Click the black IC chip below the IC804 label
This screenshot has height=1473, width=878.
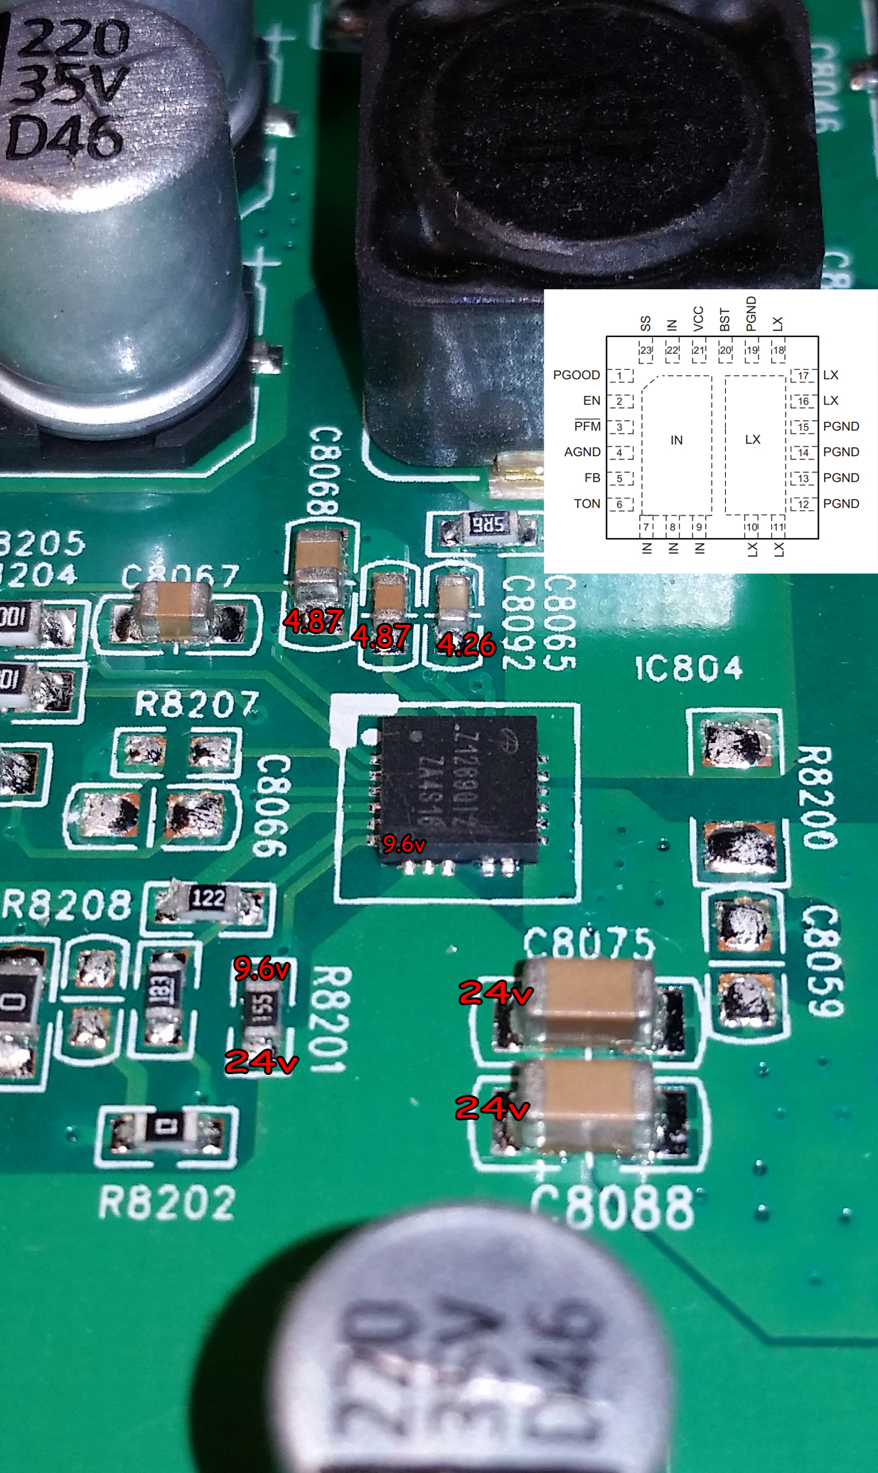459,788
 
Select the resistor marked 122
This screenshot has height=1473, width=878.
208,899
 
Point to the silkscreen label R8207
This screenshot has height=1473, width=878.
197,705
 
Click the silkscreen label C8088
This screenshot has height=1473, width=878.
613,1208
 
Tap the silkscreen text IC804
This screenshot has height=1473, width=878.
688,668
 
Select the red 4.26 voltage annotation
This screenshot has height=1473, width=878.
466,645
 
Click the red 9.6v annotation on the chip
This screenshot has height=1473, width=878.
404,844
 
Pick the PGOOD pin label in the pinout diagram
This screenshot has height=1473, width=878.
576,375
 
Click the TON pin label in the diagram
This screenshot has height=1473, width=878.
587,504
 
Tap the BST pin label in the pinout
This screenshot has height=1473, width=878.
724,320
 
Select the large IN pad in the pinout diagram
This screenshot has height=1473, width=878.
676,441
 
